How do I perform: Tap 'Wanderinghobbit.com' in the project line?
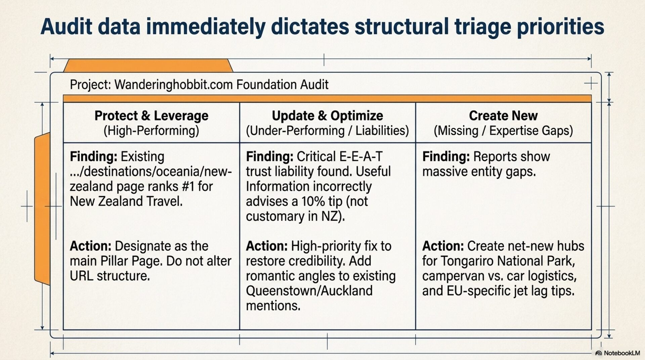[x=173, y=85]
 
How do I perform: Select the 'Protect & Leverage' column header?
[x=151, y=116]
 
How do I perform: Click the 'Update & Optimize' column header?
[x=327, y=116]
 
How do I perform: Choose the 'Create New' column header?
[x=503, y=116]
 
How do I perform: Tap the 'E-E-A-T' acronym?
[x=361, y=156]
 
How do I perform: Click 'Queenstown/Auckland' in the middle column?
[x=309, y=291]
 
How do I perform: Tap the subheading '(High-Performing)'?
[x=151, y=131]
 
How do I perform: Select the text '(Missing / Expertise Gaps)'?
[x=503, y=131]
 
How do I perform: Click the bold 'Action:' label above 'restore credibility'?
[x=267, y=246]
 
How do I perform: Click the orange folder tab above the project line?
[x=148, y=65]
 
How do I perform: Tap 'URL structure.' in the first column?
[x=110, y=276]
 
